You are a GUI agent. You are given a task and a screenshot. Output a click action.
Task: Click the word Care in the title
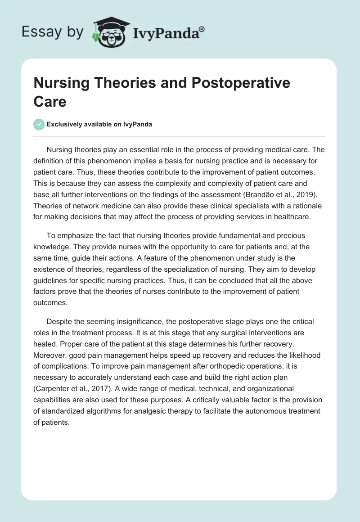(x=50, y=101)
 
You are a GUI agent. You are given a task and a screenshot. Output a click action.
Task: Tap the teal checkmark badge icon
(x=39, y=124)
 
